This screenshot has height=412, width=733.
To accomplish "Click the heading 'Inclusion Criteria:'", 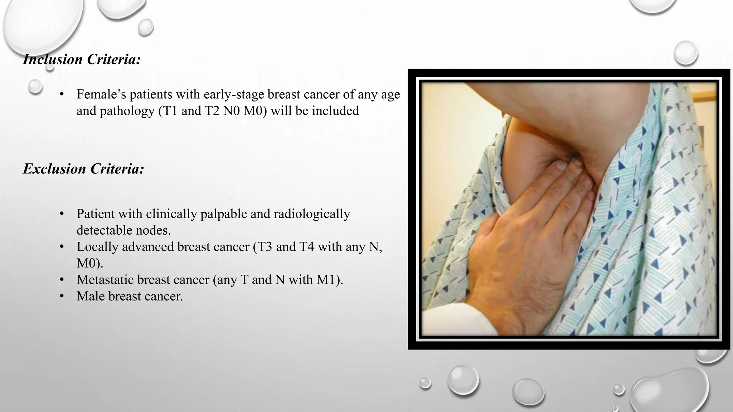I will [82, 59].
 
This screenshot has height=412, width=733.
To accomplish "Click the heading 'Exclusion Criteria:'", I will [83, 169].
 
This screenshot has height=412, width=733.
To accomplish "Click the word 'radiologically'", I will [312, 214].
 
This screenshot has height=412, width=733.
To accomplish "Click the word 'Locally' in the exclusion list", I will [97, 247].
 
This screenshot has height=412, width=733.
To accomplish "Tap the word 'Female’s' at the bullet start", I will [101, 94].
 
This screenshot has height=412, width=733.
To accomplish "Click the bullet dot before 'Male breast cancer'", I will [62, 296].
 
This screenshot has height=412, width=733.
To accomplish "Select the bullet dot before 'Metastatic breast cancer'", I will [62, 280].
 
